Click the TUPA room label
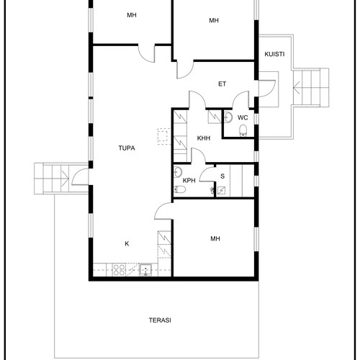127,148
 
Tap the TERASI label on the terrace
160,320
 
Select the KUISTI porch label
274,54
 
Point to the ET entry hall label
222,84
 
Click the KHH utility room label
204,138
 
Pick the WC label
243,118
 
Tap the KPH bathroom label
189,181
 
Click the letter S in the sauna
222,176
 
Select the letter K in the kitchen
127,244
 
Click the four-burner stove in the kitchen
119,270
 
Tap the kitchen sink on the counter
145,270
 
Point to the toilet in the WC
243,130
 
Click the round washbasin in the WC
228,117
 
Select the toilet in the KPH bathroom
179,190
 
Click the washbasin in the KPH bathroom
178,172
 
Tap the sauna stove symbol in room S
221,191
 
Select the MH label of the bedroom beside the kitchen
215,239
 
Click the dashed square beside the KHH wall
164,136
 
